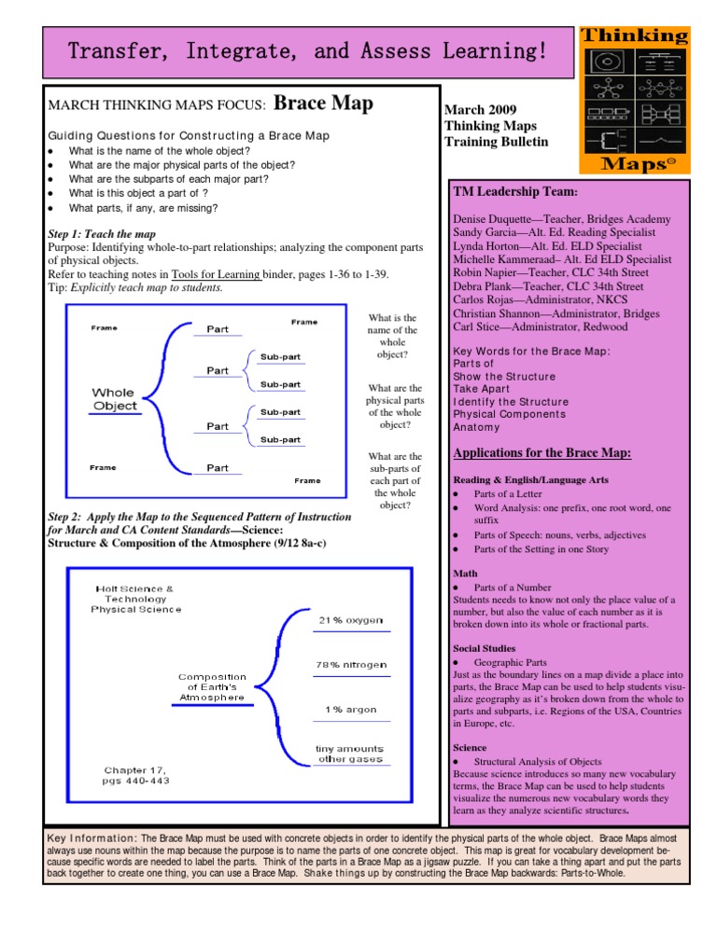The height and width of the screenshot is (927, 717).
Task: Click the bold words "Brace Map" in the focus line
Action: [324, 103]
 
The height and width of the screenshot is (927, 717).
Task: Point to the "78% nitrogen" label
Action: [350, 665]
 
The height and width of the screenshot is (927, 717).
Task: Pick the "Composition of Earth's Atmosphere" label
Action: [213, 686]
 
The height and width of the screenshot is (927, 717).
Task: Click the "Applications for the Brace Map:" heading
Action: [541, 453]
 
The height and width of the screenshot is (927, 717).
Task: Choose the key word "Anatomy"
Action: [476, 427]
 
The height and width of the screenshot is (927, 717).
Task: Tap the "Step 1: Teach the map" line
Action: [102, 233]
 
